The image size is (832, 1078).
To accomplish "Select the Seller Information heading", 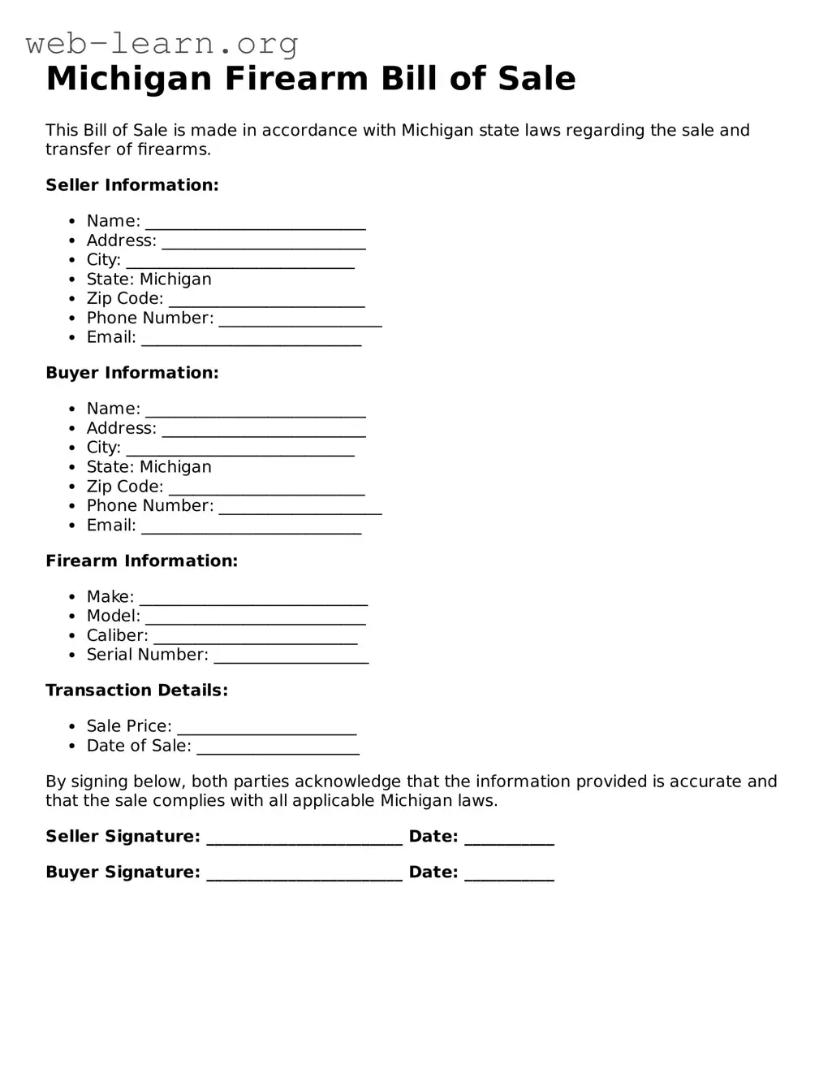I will [132, 185].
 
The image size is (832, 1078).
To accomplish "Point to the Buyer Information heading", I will [132, 373].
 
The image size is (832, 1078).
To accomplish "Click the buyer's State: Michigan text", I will [149, 467].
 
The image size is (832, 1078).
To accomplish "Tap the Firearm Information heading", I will [141, 561].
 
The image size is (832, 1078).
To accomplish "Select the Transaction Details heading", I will [136, 691].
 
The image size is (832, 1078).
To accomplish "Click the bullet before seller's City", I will [72, 260].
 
